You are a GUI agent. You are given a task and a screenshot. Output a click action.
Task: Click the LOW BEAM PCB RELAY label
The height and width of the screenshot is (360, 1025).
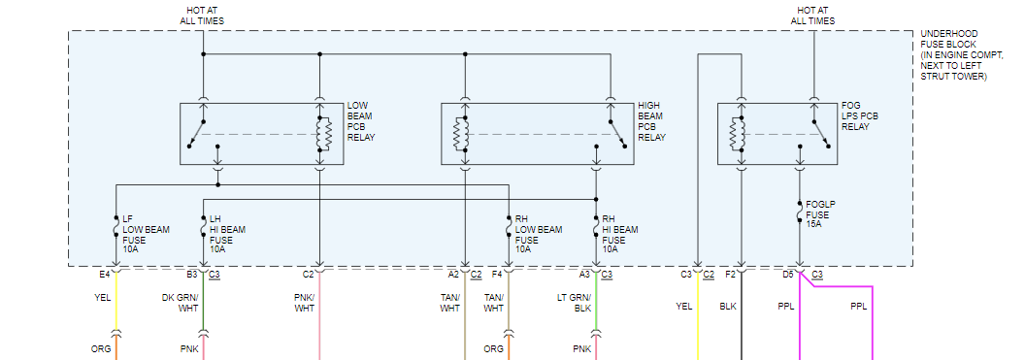[361, 121]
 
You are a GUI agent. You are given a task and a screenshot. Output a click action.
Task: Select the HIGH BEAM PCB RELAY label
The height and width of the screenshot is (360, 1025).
[651, 121]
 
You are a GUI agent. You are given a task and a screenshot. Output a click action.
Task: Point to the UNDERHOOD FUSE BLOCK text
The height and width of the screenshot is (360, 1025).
[961, 55]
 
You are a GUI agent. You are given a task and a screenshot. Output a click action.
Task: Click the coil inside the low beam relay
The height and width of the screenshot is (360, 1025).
[319, 134]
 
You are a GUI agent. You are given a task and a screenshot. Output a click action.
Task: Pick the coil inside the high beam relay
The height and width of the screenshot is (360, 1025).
[465, 134]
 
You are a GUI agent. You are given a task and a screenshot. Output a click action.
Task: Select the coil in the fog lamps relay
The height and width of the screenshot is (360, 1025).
[741, 134]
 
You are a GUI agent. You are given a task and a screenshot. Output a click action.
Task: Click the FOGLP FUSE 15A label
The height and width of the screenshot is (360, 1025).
[820, 214]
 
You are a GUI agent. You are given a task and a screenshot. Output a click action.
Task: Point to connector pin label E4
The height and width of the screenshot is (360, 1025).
[105, 275]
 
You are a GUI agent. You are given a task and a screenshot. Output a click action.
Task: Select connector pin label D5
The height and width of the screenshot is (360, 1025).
[788, 275]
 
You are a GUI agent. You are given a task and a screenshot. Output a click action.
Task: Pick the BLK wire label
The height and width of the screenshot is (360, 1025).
[728, 306]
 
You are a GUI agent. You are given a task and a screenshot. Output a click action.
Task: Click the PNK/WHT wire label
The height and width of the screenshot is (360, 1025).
[304, 303]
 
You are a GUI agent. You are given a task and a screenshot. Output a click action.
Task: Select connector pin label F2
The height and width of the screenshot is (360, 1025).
[731, 275]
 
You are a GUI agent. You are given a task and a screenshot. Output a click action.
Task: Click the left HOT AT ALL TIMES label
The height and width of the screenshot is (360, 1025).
[202, 16]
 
